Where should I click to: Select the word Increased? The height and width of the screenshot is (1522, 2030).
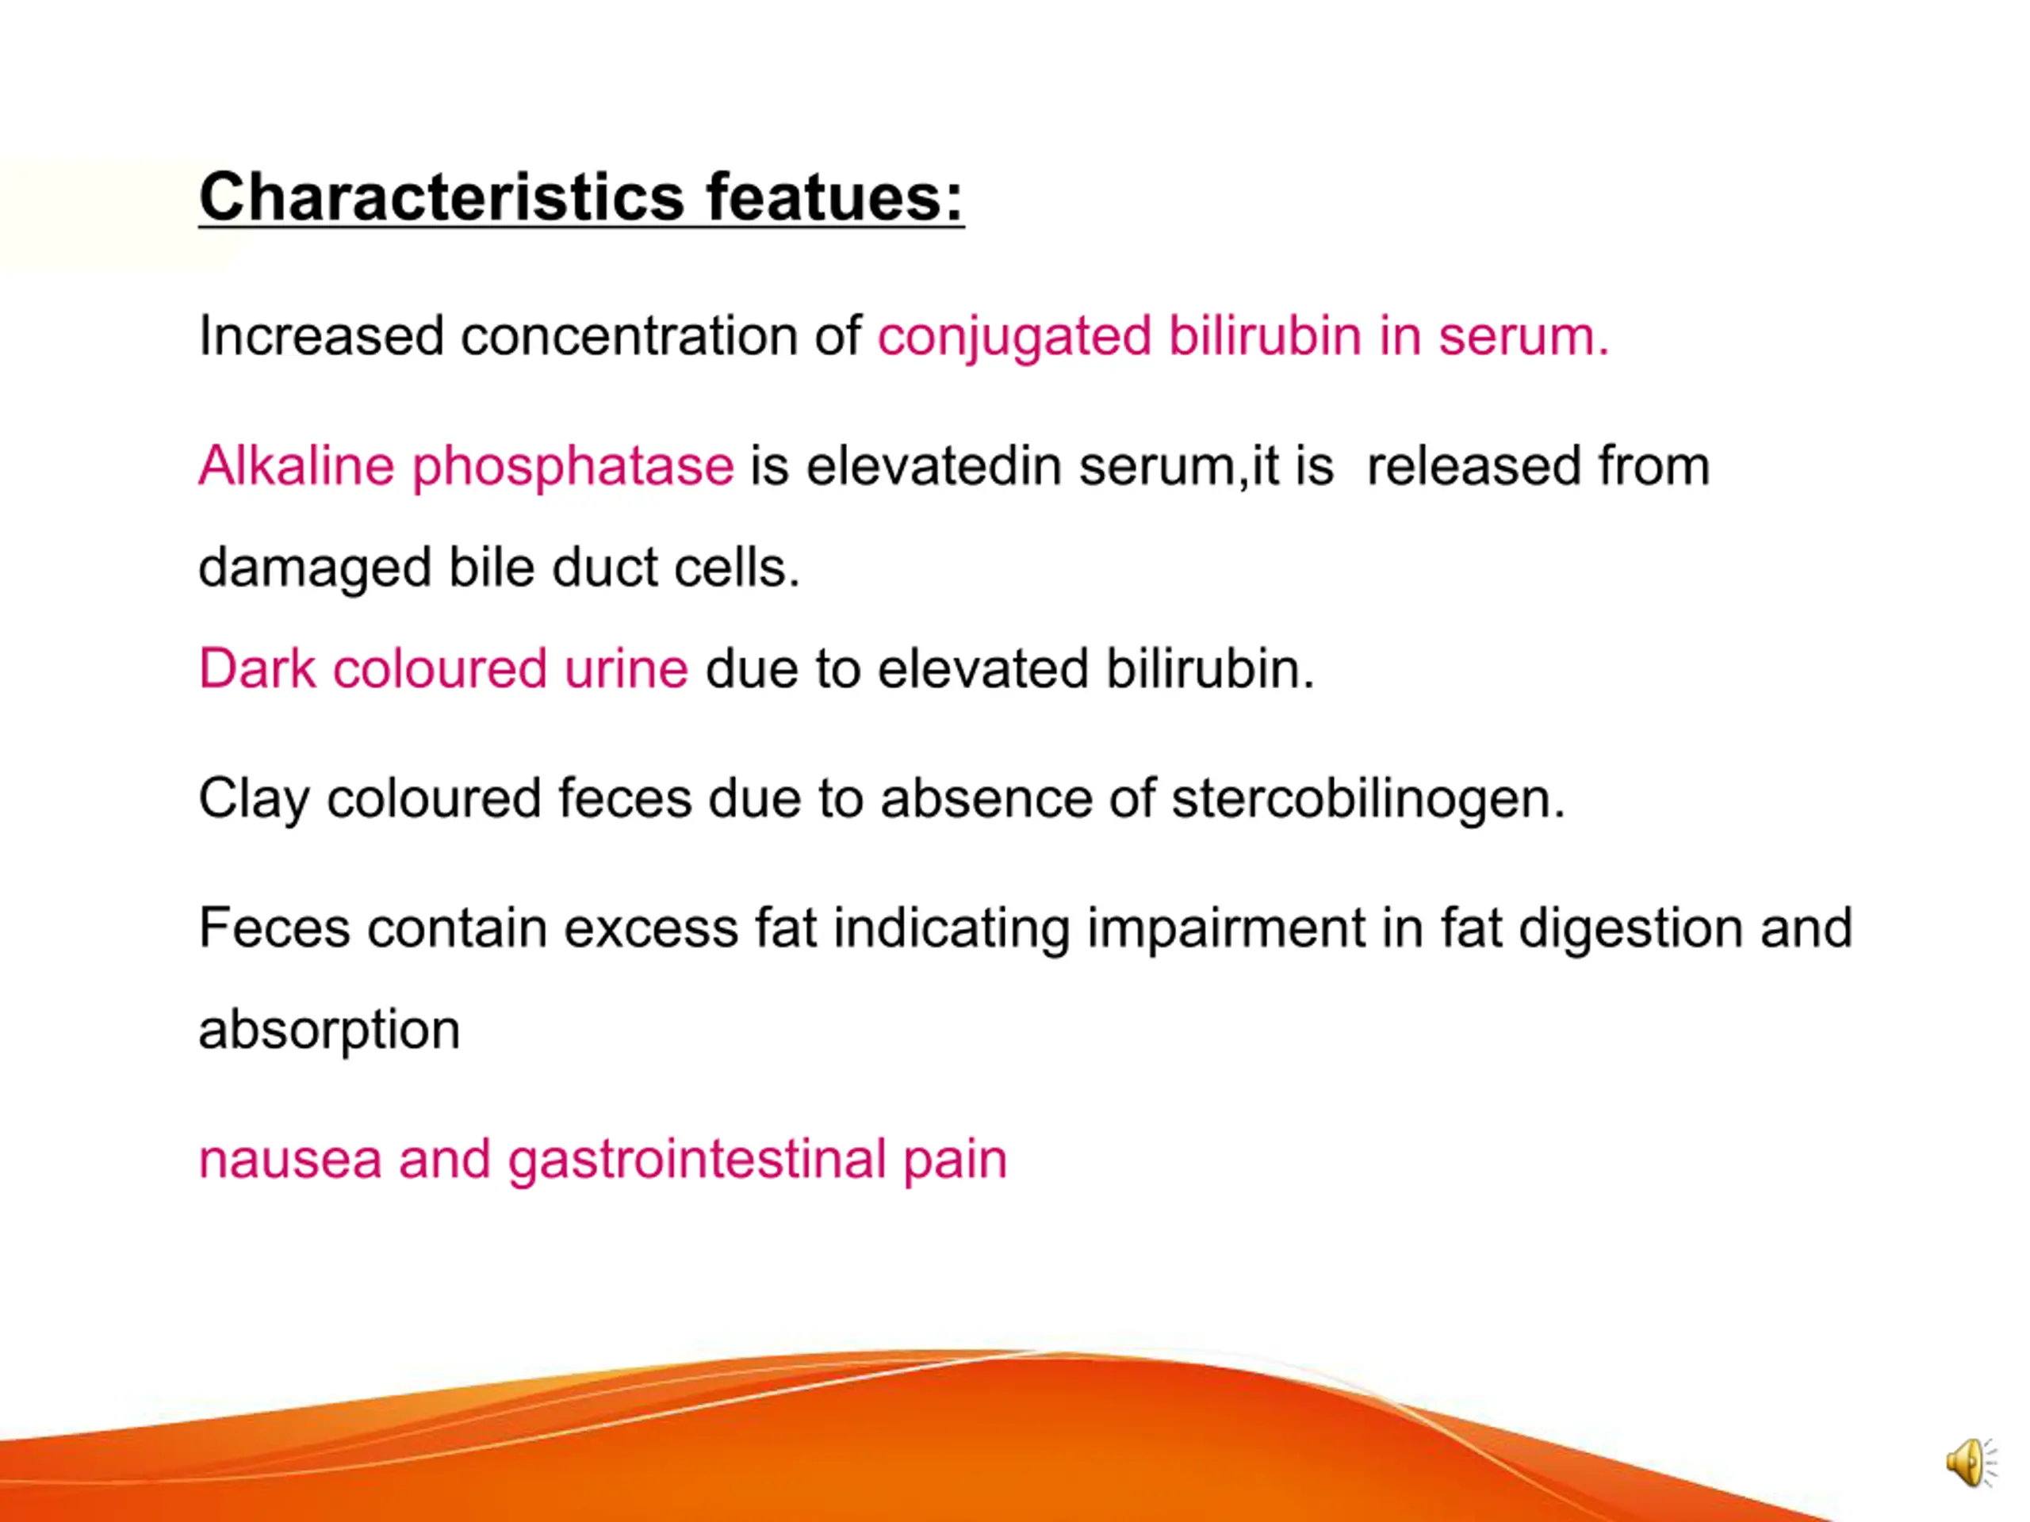point(322,336)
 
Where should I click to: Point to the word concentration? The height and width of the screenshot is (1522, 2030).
point(630,336)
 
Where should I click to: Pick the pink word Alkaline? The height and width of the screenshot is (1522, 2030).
point(297,465)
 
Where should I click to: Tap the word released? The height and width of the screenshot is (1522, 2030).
point(1474,465)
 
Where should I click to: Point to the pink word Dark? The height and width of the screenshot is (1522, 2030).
point(257,668)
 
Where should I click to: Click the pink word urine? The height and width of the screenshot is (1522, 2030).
point(626,668)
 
